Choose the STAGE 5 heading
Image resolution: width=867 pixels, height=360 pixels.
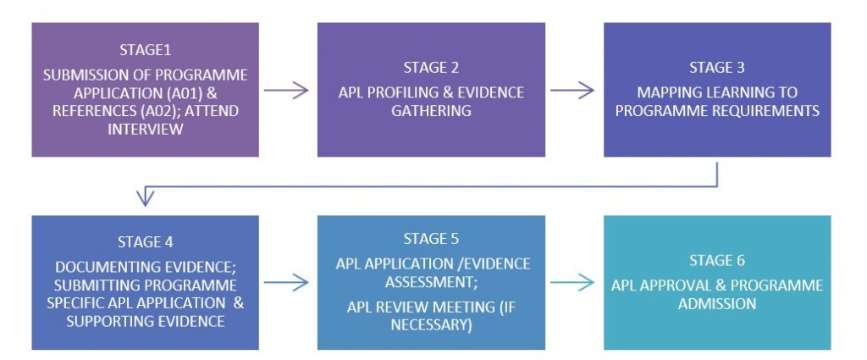[x=431, y=238]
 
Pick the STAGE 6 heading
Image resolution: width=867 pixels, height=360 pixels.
[x=717, y=262]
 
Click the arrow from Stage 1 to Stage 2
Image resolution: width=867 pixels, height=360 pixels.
[x=287, y=90]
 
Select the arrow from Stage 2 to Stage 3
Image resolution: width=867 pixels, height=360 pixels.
[x=573, y=90]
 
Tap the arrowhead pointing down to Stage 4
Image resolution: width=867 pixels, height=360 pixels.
[x=145, y=200]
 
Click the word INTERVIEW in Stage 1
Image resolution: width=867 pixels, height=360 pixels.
[x=145, y=129]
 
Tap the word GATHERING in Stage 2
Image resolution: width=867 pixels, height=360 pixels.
[x=431, y=111]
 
